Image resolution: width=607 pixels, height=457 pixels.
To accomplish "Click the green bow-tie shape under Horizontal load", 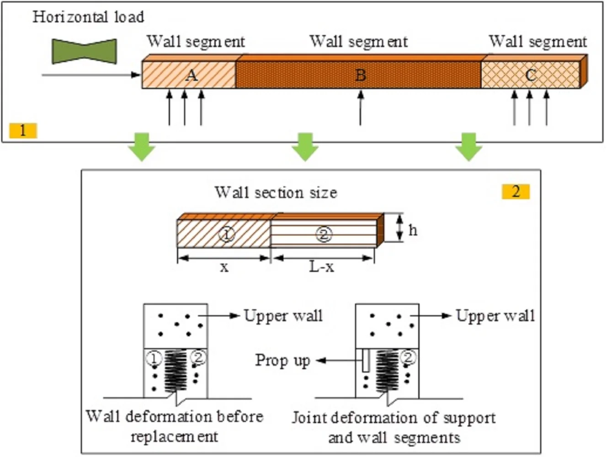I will pyautogui.click(x=85, y=51).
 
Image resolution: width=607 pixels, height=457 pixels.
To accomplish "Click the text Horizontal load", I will pyautogui.click(x=88, y=17).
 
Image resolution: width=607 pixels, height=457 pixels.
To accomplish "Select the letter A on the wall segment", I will pyautogui.click(x=192, y=75).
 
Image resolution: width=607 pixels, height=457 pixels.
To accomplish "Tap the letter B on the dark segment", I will pyautogui.click(x=361, y=75).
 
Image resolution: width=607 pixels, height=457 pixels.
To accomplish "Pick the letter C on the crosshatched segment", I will pyautogui.click(x=530, y=75).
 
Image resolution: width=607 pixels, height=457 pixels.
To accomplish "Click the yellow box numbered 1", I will pyautogui.click(x=23, y=131).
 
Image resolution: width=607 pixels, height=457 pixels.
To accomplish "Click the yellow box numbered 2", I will pyautogui.click(x=516, y=191).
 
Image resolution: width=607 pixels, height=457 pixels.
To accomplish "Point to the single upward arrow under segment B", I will pyautogui.click(x=361, y=107).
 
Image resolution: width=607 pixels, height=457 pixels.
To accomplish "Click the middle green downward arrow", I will pyautogui.click(x=305, y=146).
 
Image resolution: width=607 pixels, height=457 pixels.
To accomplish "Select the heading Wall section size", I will pyautogui.click(x=276, y=192).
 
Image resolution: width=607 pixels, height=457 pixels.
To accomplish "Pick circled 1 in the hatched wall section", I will pyautogui.click(x=227, y=234).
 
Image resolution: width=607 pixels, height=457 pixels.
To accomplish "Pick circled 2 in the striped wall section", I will pyautogui.click(x=324, y=234).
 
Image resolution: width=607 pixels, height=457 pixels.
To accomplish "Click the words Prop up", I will pyautogui.click(x=282, y=361).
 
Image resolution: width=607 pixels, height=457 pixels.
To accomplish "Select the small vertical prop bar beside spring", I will pyautogui.click(x=366, y=361).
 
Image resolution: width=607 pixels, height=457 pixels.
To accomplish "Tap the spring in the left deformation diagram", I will pyautogui.click(x=176, y=370).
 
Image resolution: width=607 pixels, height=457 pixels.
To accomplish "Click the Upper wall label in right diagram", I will pyautogui.click(x=495, y=316).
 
